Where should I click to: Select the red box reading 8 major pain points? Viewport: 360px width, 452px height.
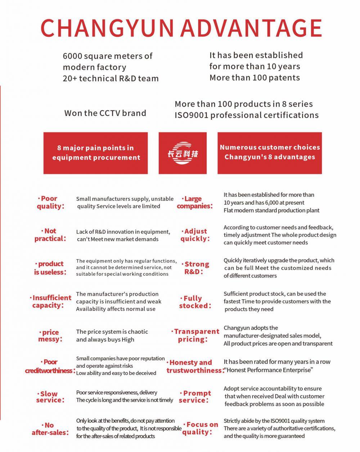tap(96, 153)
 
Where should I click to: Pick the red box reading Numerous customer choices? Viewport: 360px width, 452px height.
tap(270, 153)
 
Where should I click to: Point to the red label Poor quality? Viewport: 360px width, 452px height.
tap(50, 202)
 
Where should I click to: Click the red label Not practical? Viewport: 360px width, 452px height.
tap(50, 235)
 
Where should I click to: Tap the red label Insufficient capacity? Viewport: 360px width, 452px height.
tap(51, 302)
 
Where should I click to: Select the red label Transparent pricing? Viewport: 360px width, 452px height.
tap(195, 335)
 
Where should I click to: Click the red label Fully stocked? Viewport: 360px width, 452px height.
tap(194, 302)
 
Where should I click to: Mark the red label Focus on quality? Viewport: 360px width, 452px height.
tap(200, 428)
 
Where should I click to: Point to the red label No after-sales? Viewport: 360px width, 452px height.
tap(50, 429)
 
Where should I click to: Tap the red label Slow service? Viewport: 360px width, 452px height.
tap(50, 397)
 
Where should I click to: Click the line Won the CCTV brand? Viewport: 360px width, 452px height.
tap(105, 113)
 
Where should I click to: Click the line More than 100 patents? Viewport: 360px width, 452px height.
tap(255, 78)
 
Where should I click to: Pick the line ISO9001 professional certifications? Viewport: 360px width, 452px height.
tap(246, 115)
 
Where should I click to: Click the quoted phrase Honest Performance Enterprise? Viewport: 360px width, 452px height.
tap(269, 370)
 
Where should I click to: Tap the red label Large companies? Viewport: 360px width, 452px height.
tap(194, 202)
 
